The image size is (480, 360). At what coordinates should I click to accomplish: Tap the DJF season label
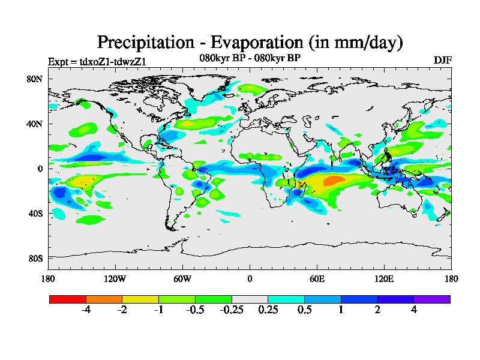point(442,61)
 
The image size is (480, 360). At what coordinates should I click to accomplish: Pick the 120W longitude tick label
point(115,278)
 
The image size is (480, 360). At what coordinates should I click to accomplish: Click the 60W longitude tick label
point(182,278)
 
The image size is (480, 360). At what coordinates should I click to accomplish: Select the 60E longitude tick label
point(317,278)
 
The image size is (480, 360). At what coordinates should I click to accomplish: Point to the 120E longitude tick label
point(384,278)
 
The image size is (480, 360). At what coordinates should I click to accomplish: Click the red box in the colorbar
point(67,299)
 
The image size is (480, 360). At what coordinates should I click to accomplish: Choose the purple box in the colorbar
point(431,299)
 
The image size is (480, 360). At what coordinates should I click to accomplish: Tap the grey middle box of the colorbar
point(250,299)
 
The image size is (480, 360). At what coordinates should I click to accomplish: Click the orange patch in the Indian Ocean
point(334,180)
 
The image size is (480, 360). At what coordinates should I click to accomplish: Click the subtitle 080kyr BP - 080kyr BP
point(250,58)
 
